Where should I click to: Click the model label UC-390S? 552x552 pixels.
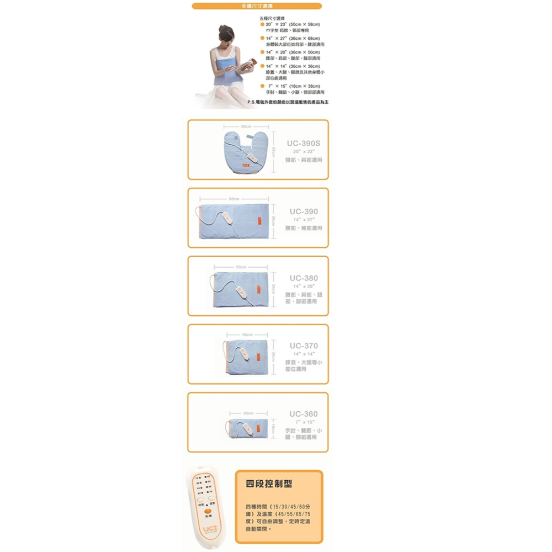click(304, 143)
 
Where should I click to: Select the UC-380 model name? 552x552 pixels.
click(304, 278)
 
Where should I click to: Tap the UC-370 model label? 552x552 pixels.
click(304, 346)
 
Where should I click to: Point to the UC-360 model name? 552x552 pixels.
click(304, 414)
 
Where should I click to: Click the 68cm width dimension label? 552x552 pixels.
click(234, 198)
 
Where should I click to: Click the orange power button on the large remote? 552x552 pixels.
click(208, 511)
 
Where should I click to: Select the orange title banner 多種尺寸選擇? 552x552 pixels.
click(257, 6)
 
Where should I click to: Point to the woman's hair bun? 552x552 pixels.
click(222, 27)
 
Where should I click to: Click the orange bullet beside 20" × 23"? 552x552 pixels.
click(262, 25)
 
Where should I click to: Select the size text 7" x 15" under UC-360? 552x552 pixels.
click(304, 422)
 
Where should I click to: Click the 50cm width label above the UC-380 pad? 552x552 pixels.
click(241, 267)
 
